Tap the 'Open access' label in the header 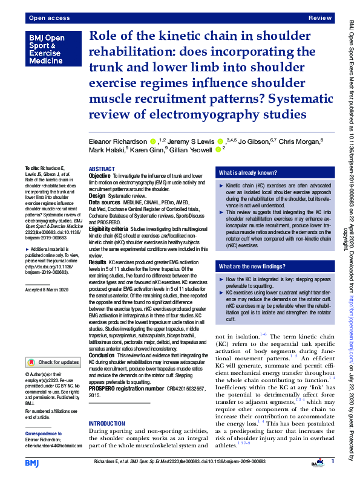tap(48, 19)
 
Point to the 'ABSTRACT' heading tap(102, 169)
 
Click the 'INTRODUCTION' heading tap(107, 423)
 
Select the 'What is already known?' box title tap(248, 172)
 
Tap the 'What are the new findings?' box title tap(252, 267)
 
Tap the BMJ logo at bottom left tap(33, 462)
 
